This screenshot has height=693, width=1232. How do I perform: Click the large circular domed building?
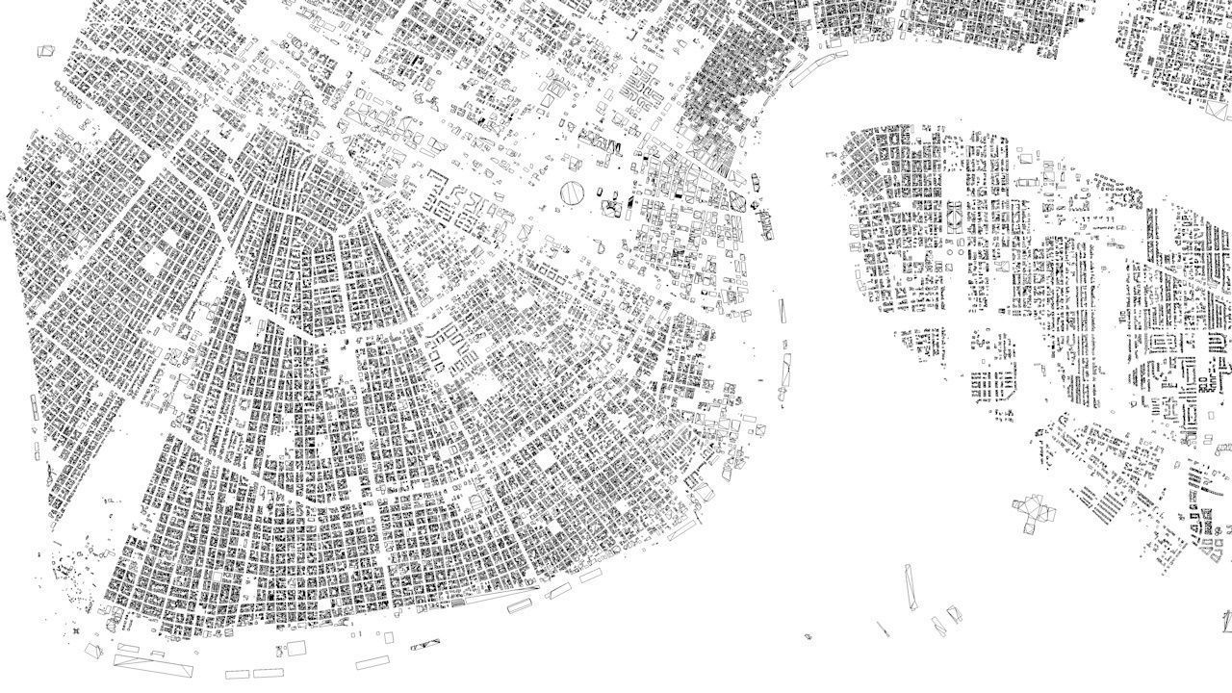tap(572, 193)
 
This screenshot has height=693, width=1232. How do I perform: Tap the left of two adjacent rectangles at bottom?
tap(238, 674)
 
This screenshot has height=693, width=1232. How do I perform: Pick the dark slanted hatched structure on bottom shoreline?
tap(425, 645)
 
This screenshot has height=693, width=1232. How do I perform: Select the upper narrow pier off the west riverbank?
tap(783, 310)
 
